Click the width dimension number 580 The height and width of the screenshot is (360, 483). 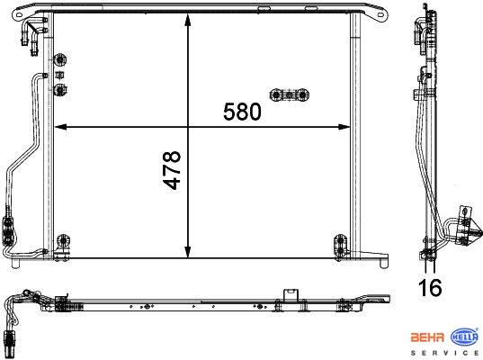tap(242, 112)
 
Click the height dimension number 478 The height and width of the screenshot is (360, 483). tap(171, 170)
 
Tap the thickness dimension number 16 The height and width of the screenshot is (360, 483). tap(430, 287)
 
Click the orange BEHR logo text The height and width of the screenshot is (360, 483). tap(427, 337)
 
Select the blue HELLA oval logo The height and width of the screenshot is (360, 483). tap(464, 337)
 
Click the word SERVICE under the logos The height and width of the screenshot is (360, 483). tap(445, 353)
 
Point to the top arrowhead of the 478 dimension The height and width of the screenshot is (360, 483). tap(188, 20)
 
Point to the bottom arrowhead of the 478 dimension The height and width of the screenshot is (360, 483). tap(188, 251)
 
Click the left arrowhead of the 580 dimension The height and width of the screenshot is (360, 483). tap(60, 127)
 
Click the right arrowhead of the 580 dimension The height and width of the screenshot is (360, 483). tap(344, 127)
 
